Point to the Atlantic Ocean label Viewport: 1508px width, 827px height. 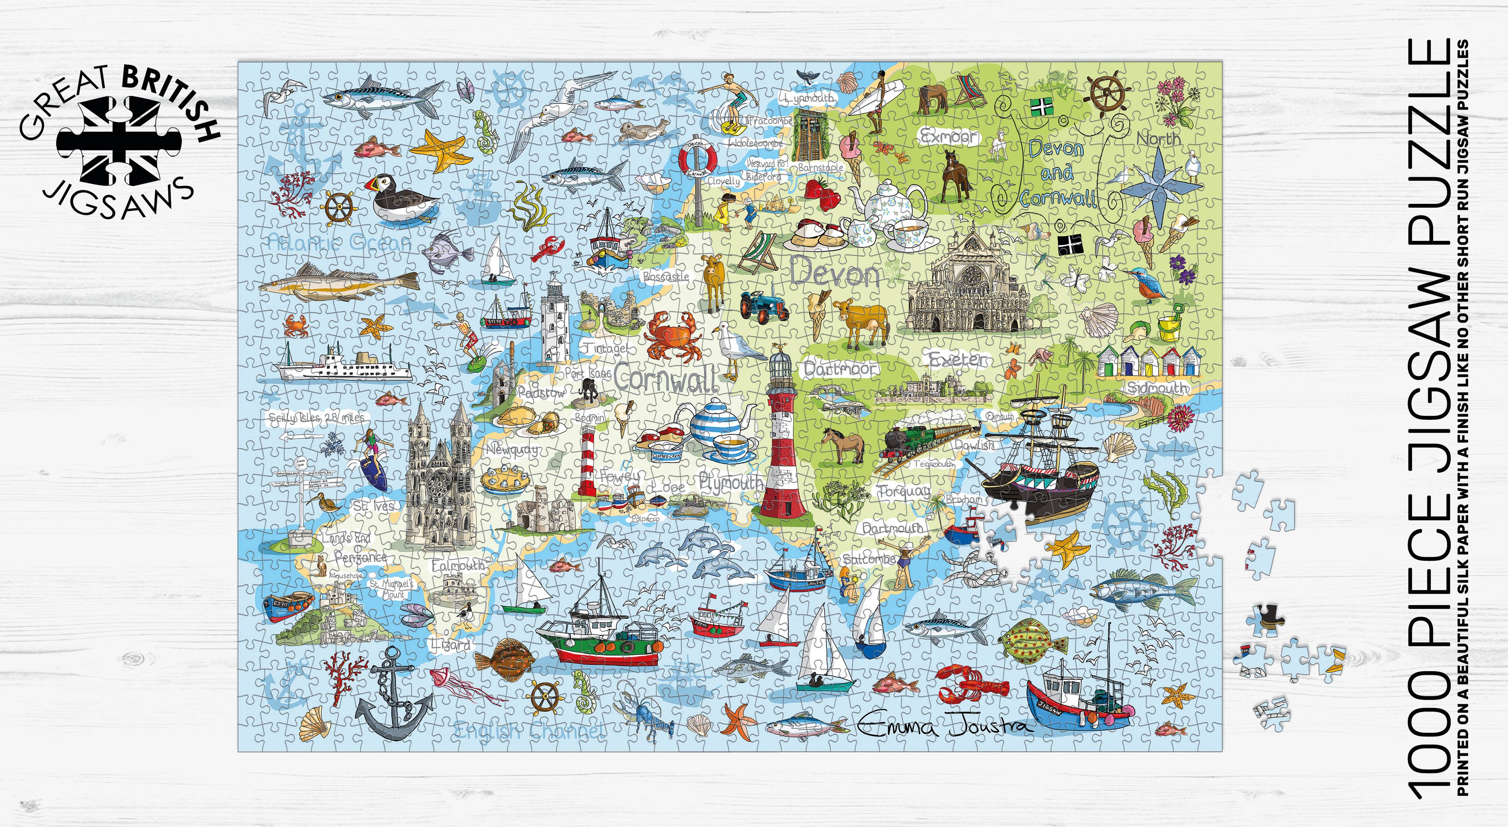(339, 241)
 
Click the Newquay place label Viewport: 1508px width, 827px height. (512, 450)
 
